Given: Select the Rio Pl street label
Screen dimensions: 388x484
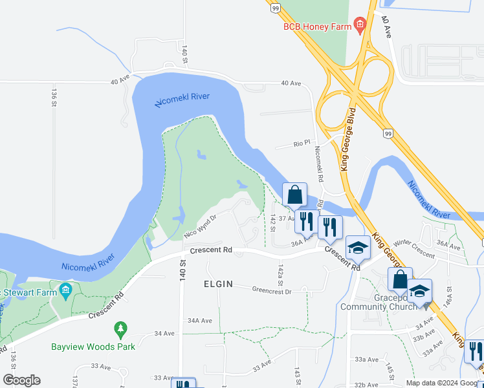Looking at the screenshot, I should (302, 143).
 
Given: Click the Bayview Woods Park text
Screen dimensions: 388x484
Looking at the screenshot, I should (93, 346).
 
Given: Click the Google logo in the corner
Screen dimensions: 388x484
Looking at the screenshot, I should (21, 380).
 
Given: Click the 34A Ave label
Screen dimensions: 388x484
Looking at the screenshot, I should (200, 320).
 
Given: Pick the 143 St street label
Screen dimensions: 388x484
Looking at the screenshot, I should (297, 376).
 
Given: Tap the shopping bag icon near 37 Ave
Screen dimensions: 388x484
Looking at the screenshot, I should (294, 195).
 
